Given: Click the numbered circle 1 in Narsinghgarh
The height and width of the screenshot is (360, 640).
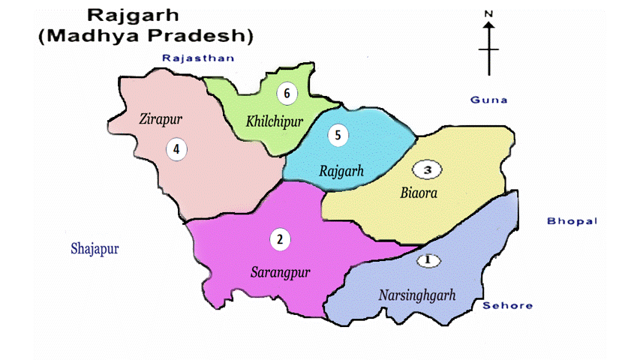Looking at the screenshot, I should (x=428, y=260).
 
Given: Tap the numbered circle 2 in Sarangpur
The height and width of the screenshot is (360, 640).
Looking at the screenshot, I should (x=279, y=239).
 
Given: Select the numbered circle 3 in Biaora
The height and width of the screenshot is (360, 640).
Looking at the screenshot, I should (x=428, y=170).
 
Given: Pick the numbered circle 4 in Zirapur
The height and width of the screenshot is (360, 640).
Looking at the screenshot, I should (x=176, y=148).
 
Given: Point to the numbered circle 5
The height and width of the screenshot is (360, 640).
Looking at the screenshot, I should (x=338, y=135).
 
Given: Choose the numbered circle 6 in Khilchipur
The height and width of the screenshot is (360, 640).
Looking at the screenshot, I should (x=286, y=94).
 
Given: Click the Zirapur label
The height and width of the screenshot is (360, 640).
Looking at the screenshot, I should (x=161, y=118).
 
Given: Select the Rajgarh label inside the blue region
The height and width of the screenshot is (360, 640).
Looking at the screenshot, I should (x=341, y=171).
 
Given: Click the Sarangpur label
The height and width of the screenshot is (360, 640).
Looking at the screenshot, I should (x=280, y=271).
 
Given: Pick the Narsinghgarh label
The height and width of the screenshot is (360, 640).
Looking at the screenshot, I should (x=416, y=295).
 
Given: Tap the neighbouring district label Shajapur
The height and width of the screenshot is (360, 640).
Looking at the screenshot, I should (x=95, y=248).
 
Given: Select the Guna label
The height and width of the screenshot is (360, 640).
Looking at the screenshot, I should (x=488, y=100).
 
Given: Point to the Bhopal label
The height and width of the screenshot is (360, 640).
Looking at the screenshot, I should (x=571, y=220).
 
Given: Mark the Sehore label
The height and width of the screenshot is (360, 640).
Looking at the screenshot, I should (x=507, y=305).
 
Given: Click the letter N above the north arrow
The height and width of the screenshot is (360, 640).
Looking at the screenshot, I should (x=488, y=13).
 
